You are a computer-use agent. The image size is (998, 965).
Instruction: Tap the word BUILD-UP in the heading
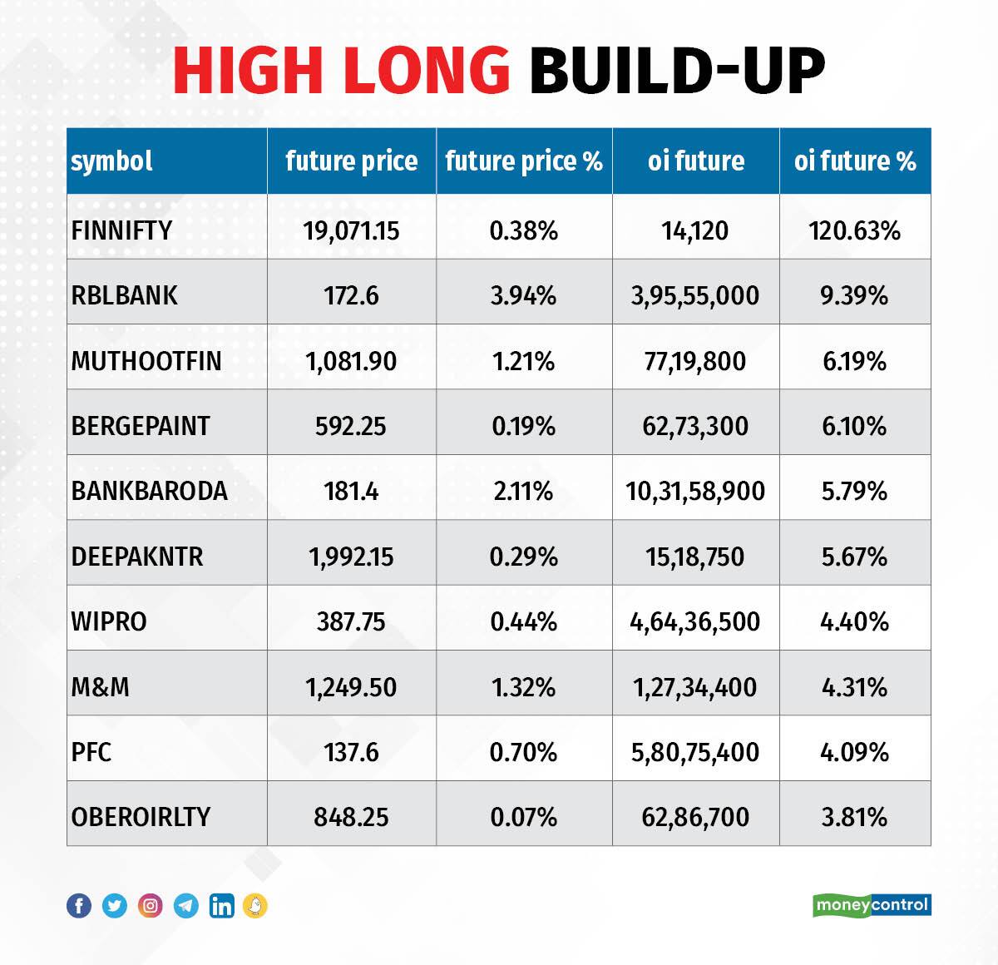[676, 71]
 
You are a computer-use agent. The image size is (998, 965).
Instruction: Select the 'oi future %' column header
[854, 161]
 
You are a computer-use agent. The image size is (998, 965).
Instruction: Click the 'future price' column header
[351, 161]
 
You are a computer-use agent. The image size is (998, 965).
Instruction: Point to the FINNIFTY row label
[121, 230]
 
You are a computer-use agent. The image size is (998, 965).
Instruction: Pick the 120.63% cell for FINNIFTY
[854, 230]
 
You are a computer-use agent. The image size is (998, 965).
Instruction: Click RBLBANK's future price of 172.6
[351, 295]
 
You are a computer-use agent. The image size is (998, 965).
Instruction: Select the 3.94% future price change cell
[523, 295]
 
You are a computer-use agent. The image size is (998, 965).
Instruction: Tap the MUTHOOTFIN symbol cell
[146, 361]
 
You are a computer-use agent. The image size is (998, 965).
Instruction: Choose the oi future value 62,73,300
[695, 426]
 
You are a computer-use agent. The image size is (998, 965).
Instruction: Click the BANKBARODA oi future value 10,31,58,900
[695, 491]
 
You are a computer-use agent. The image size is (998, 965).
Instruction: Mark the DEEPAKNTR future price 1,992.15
[351, 557]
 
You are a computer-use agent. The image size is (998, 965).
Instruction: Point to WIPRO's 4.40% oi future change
[854, 621]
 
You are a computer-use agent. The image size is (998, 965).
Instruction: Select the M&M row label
[101, 687]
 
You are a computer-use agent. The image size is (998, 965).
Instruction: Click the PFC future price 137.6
[351, 752]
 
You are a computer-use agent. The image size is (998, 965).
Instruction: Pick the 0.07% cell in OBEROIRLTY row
[523, 817]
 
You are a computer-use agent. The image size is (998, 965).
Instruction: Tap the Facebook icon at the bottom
[79, 905]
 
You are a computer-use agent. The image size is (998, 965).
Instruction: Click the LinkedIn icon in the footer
[221, 905]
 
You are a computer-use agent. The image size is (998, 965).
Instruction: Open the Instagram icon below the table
[151, 905]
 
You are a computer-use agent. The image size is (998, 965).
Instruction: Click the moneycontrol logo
[872, 904]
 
